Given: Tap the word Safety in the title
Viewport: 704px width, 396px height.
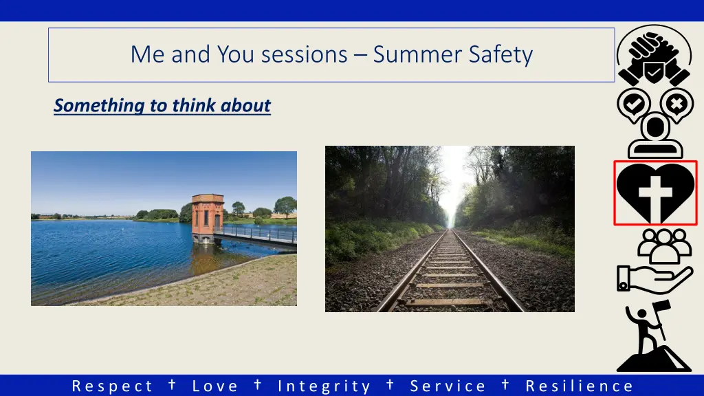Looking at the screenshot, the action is (x=500, y=55).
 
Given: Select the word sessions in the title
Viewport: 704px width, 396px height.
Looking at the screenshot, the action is (x=304, y=55).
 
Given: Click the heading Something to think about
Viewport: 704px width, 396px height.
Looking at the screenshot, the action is (x=162, y=105).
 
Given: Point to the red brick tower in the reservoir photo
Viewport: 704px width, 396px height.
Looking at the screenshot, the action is (x=208, y=219).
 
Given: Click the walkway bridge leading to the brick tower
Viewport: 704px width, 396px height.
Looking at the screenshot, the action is (x=259, y=235).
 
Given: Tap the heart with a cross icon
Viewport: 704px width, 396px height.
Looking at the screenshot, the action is (x=655, y=193).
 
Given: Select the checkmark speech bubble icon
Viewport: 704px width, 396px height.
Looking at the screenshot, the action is (x=633, y=105).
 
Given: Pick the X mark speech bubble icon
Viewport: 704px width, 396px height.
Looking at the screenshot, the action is (x=676, y=105).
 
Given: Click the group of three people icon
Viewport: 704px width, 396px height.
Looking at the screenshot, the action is (x=664, y=246).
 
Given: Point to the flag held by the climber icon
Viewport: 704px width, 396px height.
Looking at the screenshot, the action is (x=662, y=309).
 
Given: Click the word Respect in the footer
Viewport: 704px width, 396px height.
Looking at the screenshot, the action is (x=112, y=386).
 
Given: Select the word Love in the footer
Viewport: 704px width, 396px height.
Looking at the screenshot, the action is (x=215, y=386).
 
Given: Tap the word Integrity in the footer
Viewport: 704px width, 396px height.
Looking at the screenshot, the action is (x=324, y=386).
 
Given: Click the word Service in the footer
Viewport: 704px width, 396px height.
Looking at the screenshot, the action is (x=448, y=386).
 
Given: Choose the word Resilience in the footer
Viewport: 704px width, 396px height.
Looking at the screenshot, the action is (x=579, y=386).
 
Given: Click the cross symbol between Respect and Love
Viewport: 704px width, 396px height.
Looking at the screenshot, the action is (x=172, y=384).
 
